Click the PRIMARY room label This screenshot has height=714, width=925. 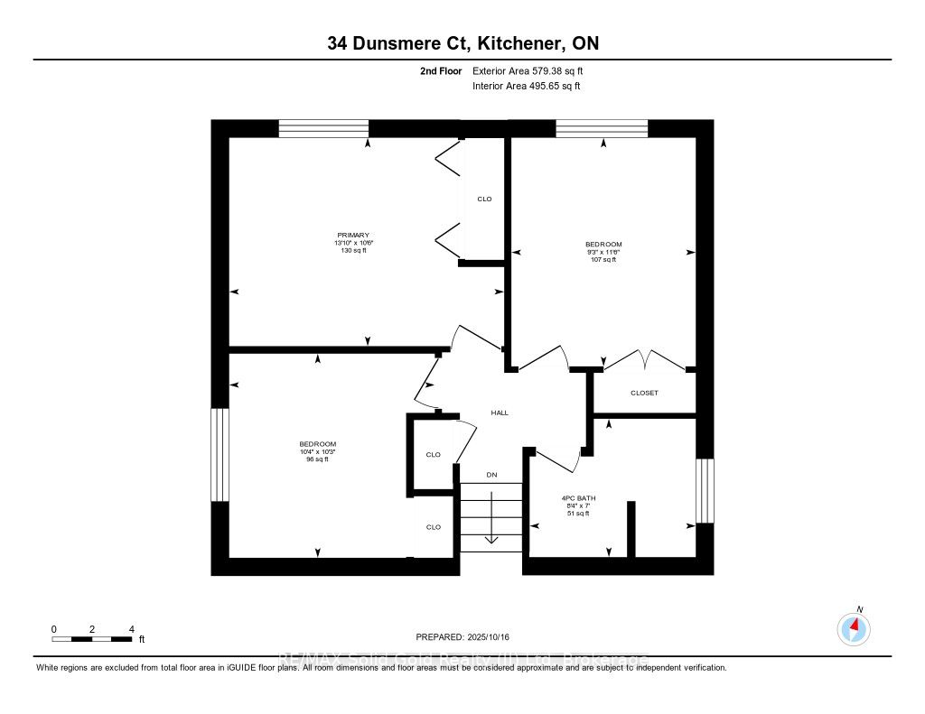351,235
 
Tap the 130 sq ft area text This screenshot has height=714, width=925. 351,250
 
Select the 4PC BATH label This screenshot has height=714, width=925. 578,498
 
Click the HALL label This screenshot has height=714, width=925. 500,413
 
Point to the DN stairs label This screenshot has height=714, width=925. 491,475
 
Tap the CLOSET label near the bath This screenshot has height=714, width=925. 644,393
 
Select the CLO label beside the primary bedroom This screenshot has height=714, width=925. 484,199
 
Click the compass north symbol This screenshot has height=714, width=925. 855,626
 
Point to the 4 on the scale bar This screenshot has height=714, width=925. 132,629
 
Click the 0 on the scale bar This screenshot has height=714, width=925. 54,629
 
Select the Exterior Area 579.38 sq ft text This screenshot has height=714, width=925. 534,70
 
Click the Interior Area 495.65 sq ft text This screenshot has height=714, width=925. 526,87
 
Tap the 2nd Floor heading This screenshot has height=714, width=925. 441,70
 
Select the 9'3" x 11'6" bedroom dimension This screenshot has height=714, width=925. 603,252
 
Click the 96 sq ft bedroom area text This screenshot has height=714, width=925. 317,459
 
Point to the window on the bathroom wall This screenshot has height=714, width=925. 705,491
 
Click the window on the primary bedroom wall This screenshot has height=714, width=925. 323,128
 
